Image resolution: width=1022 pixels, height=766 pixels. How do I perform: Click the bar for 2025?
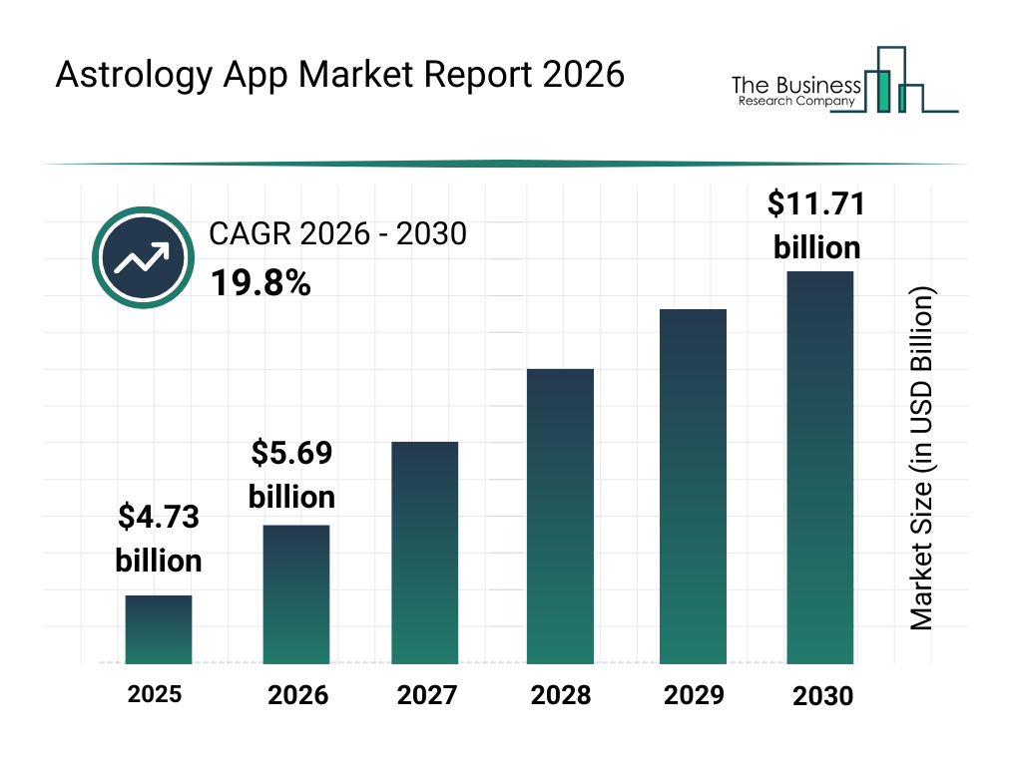point(158,629)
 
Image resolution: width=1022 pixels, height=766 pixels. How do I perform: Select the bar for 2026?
point(296,594)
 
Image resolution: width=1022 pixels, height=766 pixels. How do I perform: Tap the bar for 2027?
point(425,553)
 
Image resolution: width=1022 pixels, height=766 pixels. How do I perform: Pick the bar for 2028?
point(560,517)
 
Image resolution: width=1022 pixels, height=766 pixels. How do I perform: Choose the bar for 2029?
point(693,487)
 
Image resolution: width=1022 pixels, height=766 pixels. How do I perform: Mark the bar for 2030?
point(820,467)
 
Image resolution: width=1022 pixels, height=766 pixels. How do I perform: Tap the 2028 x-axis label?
point(561,695)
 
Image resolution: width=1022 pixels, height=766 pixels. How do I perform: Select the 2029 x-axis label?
point(694,695)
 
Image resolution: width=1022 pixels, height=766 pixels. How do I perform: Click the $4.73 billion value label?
point(159,539)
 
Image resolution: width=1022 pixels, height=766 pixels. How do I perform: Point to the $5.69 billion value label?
point(291,475)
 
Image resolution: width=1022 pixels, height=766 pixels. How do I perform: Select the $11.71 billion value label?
point(816,224)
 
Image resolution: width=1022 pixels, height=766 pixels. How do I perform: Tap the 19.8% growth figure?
point(259,284)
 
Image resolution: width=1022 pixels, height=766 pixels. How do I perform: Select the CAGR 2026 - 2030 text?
point(337,234)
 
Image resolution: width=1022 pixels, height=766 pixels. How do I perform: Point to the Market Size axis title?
point(922,459)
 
